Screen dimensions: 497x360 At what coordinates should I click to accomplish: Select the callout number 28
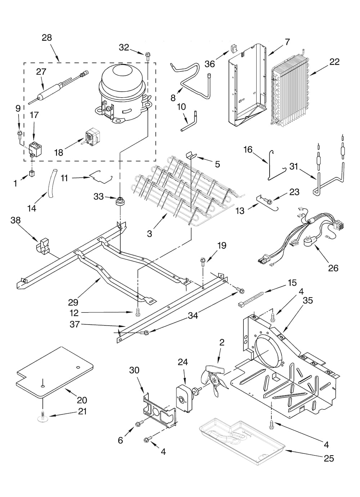click(x=47, y=37)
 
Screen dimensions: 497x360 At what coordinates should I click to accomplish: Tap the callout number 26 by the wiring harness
click(x=333, y=268)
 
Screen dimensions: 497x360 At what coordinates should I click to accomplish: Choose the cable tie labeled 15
click(x=251, y=299)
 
